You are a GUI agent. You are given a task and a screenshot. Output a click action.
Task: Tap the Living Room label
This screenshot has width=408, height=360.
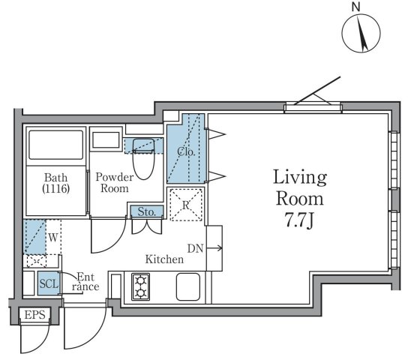299,189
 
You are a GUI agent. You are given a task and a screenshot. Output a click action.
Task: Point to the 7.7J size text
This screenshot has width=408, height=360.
299,223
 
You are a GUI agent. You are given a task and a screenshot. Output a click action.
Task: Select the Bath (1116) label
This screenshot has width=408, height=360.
56,184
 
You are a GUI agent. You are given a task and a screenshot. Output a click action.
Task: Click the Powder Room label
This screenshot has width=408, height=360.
114,184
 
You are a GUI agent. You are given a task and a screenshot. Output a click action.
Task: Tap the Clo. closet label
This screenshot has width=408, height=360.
186,151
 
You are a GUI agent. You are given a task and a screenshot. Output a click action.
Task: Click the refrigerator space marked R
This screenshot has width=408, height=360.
184,203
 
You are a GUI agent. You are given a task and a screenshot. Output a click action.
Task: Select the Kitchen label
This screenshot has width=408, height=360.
164,260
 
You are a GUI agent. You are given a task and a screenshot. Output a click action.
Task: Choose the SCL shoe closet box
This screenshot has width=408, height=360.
49,284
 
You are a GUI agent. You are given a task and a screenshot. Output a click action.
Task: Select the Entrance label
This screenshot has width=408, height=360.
84,281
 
